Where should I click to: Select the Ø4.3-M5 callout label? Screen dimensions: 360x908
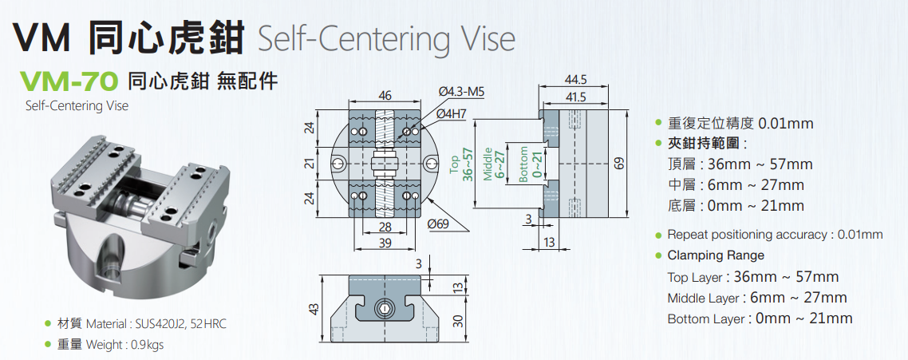462,92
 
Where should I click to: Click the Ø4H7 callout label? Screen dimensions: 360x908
452,114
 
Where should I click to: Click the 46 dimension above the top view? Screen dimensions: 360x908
385,96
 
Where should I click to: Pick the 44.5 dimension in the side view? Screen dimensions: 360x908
575,80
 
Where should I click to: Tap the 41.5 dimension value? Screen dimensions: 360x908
575,97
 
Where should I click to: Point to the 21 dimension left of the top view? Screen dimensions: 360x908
311,163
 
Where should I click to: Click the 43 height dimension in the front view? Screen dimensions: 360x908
314,308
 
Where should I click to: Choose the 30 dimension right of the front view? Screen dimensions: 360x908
457,320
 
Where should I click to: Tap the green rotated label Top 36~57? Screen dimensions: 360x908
462,164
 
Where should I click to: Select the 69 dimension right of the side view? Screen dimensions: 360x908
619,164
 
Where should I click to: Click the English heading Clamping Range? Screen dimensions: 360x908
716,255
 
